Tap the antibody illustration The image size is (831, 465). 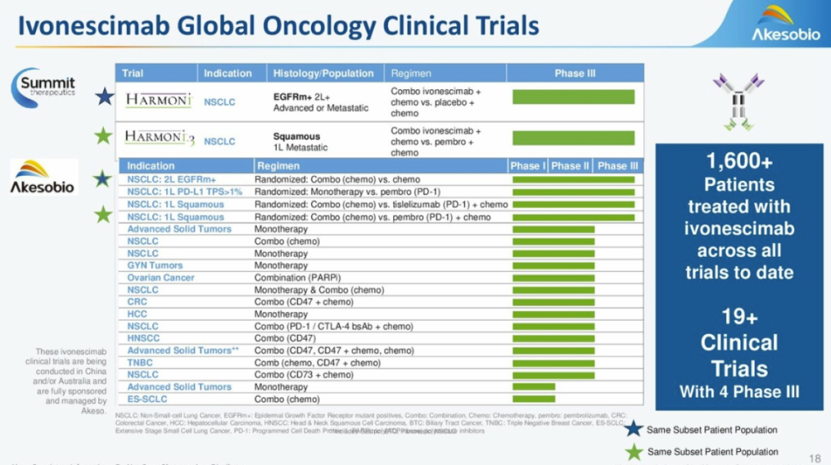click(x=738, y=101)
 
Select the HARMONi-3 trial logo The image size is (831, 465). click(x=159, y=138)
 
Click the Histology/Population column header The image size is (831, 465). click(x=323, y=74)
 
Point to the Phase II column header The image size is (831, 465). click(x=570, y=166)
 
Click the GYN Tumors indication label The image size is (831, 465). click(x=155, y=265)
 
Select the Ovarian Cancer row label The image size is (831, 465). click(x=161, y=277)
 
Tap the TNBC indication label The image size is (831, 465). click(x=140, y=363)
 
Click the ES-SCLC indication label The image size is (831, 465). click(x=147, y=400)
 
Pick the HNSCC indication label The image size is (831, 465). click(x=144, y=338)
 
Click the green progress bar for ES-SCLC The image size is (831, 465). click(x=533, y=399)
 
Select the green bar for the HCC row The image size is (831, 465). click(x=553, y=314)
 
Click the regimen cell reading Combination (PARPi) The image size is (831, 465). click(x=298, y=277)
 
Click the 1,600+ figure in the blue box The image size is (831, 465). click(x=739, y=162)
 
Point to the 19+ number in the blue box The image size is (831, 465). click(x=739, y=316)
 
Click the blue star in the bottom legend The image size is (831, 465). click(x=633, y=430)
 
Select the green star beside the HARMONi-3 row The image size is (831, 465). click(x=102, y=137)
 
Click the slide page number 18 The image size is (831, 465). click(x=815, y=458)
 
